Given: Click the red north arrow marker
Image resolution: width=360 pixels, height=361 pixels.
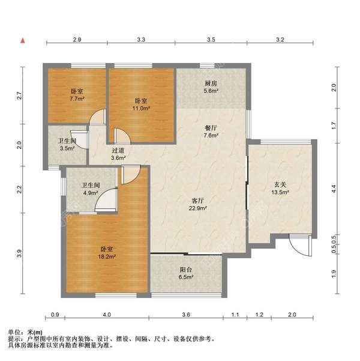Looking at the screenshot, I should (22, 41).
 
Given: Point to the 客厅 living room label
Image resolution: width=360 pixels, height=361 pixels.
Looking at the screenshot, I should (199, 200).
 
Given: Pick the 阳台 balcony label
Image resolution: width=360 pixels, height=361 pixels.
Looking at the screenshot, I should (187, 270).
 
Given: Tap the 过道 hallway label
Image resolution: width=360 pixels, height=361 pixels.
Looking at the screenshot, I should (118, 150).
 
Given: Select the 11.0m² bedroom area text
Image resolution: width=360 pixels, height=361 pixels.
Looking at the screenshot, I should (142, 109).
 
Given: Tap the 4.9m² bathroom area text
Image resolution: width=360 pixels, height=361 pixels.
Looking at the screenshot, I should (90, 193).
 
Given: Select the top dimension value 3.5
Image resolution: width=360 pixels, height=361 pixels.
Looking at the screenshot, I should (210, 39).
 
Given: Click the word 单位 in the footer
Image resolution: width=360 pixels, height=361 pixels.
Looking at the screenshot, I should (14, 332).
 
